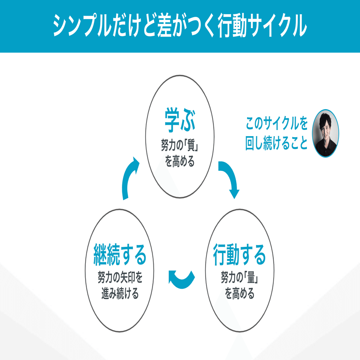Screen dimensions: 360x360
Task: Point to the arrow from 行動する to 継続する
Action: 181,279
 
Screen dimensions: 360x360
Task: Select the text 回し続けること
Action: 276,143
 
